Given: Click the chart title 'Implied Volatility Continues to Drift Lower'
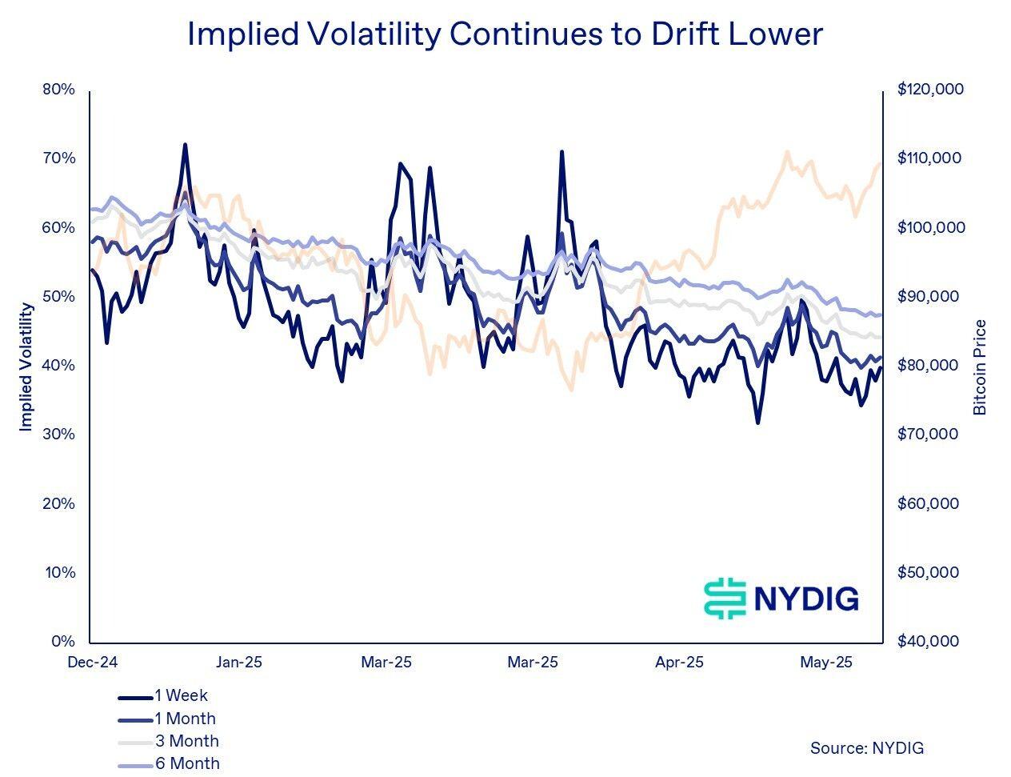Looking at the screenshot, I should coord(505,34).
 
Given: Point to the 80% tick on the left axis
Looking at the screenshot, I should coord(58,89).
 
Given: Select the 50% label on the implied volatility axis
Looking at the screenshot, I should coord(58,296).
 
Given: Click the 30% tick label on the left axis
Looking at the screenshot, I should coord(58,435).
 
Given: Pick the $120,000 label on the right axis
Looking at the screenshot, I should coord(930,89).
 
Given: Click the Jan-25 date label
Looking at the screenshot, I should coord(238,663).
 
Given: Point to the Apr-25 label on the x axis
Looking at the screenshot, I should coord(679,663).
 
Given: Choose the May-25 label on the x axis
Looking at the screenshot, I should coord(826,663).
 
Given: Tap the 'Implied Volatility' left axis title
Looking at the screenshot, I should coord(26,366).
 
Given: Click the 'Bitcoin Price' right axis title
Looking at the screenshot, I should coord(981,367).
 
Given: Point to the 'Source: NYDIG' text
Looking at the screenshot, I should coord(866,748).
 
